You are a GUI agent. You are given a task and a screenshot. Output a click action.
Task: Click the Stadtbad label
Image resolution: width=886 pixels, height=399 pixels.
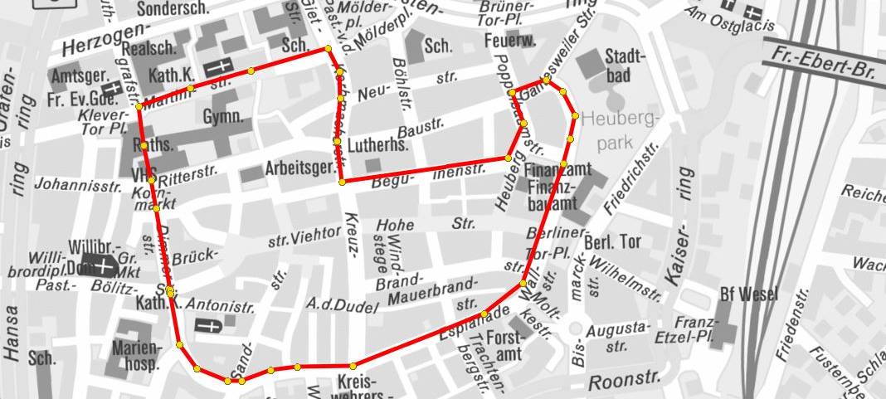620,66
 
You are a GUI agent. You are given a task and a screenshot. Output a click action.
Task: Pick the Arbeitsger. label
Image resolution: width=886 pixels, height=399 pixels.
296,169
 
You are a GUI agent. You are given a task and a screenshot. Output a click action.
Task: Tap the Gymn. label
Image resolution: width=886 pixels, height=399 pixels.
222,116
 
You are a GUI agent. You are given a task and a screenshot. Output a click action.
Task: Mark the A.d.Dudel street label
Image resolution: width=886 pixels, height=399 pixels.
341,304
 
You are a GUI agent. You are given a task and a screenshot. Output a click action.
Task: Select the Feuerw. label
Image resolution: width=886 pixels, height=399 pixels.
509,41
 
